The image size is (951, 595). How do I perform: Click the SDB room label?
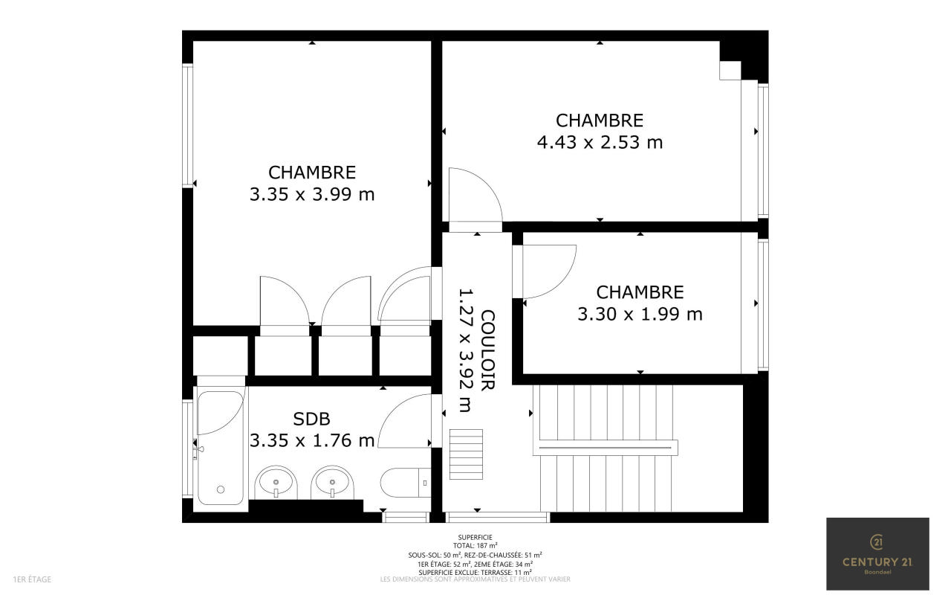[x=311, y=419]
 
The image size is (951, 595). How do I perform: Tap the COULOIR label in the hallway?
[x=487, y=350]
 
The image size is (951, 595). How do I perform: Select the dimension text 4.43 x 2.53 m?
[x=600, y=142]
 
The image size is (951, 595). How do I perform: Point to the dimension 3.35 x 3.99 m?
[x=312, y=195]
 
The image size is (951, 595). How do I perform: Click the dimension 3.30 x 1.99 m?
[x=640, y=315]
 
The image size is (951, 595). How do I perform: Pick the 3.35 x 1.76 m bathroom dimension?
[x=312, y=441]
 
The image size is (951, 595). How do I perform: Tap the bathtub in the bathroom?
[x=221, y=448]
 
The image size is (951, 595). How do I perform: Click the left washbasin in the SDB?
[x=276, y=483]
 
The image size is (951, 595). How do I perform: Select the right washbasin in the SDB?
[x=332, y=483]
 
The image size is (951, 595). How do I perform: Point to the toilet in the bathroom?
[x=406, y=483]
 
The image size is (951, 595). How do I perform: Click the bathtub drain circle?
[x=221, y=489]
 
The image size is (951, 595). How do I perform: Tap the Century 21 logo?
[x=877, y=554]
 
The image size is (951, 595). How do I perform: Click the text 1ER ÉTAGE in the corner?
[x=32, y=579]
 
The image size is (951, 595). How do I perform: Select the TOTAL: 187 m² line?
[x=475, y=546]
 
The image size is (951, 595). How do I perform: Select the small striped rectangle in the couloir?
[x=466, y=454]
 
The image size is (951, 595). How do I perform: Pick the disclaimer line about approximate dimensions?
[x=475, y=579]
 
